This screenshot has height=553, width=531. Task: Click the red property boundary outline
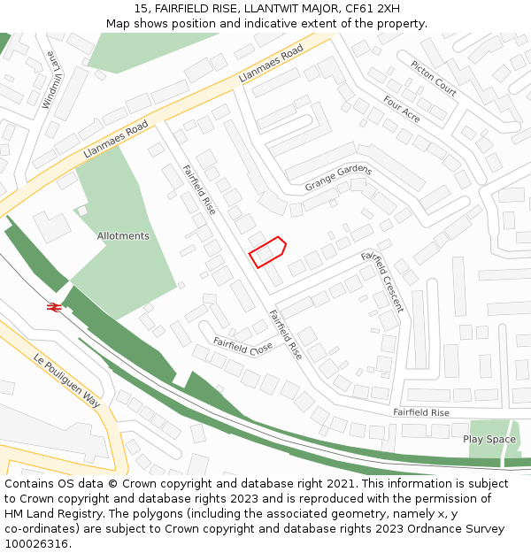click(267, 251)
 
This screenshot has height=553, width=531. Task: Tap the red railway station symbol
click(53, 306)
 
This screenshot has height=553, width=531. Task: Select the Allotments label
click(123, 236)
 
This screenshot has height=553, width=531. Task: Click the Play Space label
click(489, 439)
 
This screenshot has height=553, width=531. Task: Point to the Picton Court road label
click(434, 78)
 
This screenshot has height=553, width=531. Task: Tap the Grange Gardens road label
click(338, 178)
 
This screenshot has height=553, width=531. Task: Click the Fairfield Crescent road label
click(382, 281)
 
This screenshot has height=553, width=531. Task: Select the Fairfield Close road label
click(242, 345)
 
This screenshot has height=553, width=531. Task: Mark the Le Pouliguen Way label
click(67, 381)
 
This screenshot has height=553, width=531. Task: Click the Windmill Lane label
click(52, 79)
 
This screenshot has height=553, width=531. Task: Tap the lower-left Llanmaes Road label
click(115, 141)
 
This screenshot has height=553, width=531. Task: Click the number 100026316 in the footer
click(37, 543)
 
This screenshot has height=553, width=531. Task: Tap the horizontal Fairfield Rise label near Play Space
click(421, 412)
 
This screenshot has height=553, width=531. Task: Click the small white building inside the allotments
click(82, 211)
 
